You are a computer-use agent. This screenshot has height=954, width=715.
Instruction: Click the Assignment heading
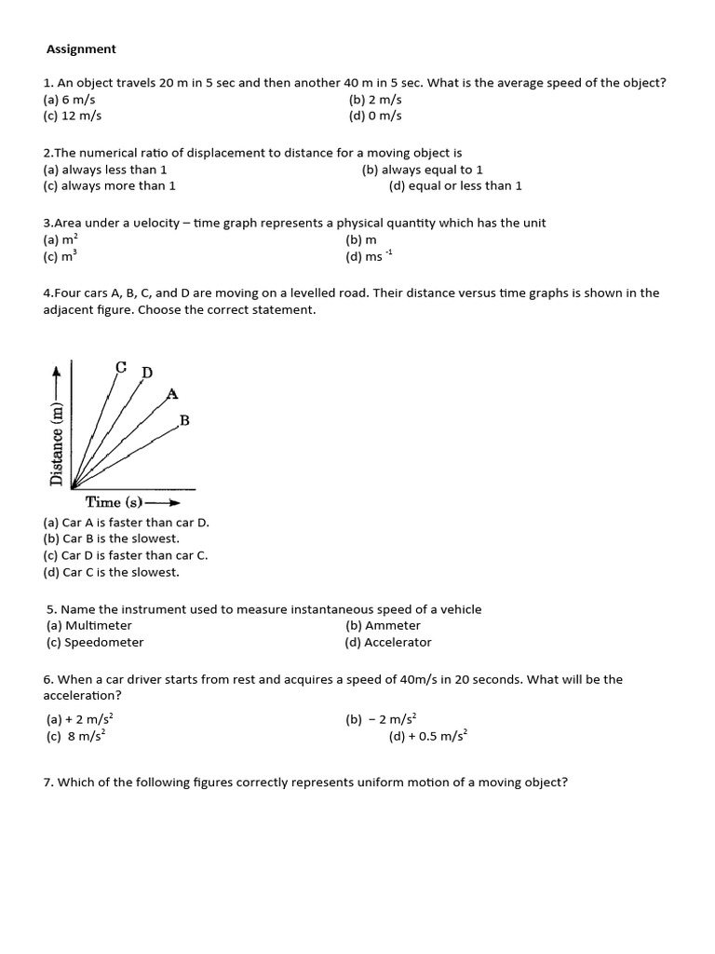81,48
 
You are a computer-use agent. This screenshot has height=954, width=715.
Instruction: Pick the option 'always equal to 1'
422,170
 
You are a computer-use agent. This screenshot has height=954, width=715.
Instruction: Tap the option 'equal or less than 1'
455,186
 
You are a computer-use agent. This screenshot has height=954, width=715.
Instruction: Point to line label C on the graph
121,366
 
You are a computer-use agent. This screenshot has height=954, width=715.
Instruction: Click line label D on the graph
146,373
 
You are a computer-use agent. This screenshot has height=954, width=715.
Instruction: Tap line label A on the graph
171,394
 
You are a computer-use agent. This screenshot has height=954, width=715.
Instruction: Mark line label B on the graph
184,421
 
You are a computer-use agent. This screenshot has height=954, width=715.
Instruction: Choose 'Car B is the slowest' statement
112,538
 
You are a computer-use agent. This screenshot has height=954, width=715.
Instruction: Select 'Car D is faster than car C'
126,555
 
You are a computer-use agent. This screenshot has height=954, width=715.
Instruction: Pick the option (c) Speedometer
95,643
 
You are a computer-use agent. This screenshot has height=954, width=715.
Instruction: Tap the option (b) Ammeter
383,626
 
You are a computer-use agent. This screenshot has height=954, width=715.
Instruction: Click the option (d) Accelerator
388,643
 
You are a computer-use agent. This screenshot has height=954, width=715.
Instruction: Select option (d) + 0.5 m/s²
428,736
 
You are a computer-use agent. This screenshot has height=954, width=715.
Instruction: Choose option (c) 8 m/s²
76,736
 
